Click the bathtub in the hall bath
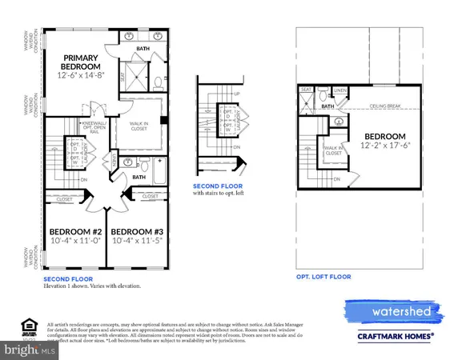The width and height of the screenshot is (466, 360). click(155, 172)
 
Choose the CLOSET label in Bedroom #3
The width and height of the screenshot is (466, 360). click(150, 196)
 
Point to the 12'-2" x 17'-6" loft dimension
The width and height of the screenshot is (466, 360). click(384, 146)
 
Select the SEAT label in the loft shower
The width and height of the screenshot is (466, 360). click(307, 90)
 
